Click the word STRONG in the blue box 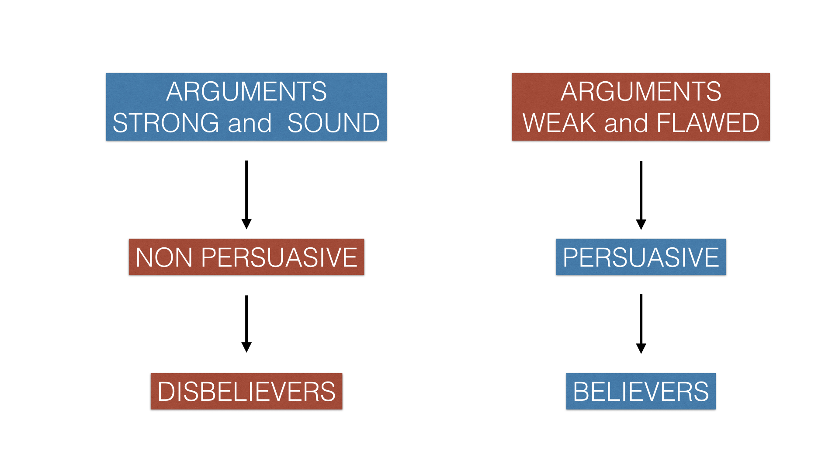click(166, 123)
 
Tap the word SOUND click(333, 123)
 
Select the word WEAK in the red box click(559, 123)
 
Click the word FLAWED click(708, 123)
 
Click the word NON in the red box click(164, 257)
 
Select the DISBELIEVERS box click(246, 391)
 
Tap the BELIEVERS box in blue click(641, 391)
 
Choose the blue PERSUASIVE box click(641, 257)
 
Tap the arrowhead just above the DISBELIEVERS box click(246, 347)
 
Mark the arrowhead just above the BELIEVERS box click(641, 348)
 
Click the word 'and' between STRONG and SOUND click(250, 123)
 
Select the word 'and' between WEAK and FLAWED click(626, 123)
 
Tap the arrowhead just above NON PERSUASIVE click(246, 224)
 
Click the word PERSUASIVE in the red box click(279, 257)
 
